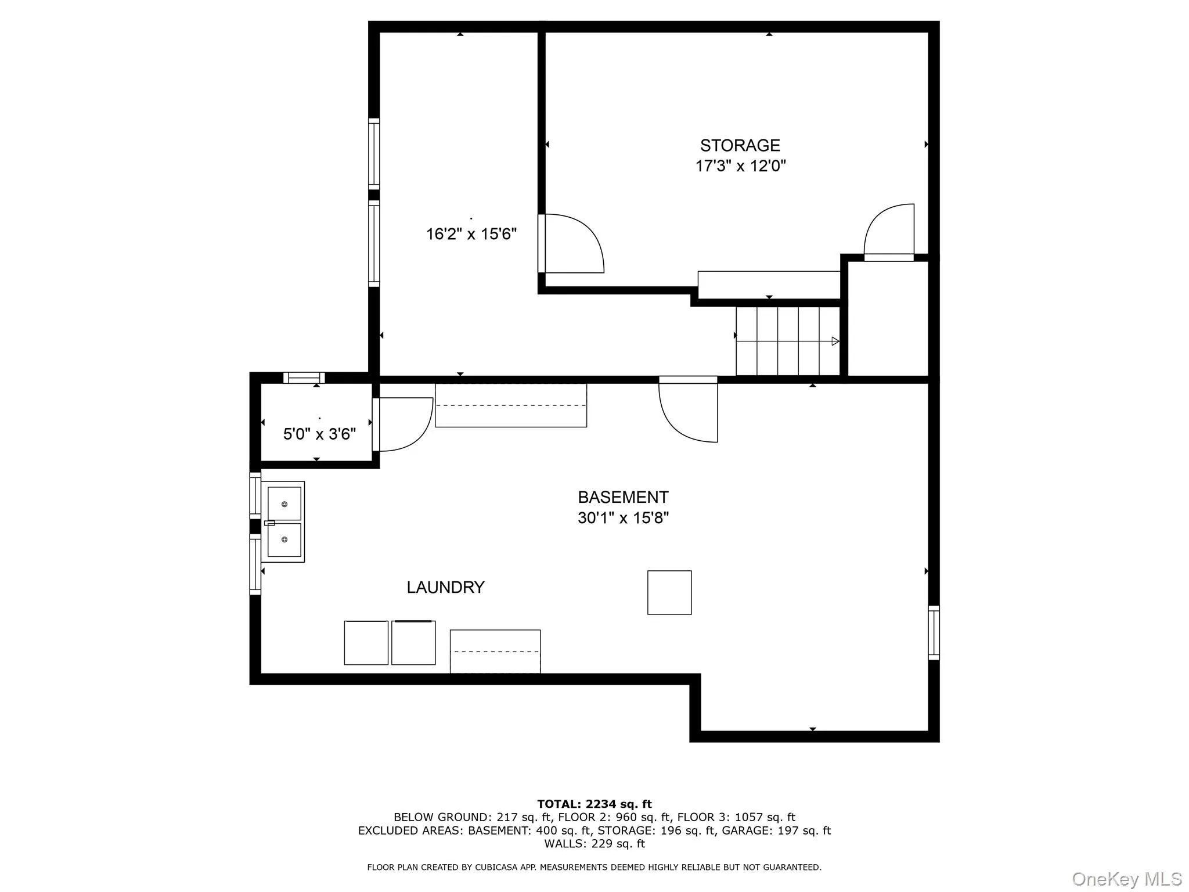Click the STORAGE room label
740,145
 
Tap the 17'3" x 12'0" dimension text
740,166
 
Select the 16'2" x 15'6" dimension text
471,234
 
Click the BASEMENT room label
623,497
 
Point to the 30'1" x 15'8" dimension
623,517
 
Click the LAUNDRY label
445,587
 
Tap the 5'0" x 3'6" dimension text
319,434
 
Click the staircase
787,341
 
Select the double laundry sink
284,521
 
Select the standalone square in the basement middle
669,592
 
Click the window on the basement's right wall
934,632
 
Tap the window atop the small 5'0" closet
304,378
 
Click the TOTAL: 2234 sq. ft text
594,804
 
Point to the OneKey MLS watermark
1127,879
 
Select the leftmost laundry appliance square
366,643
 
